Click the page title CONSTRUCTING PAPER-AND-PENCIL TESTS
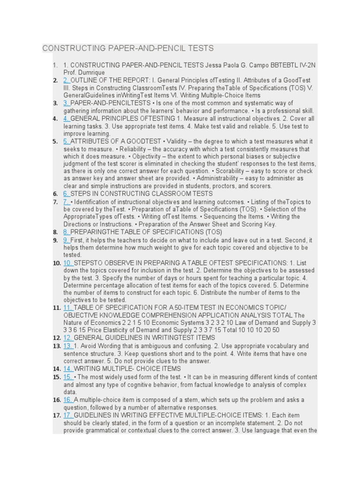click(x=128, y=48)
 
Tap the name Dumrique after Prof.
click(x=92, y=73)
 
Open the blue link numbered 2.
click(x=66, y=81)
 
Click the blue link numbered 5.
click(x=66, y=142)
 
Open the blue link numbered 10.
click(x=68, y=263)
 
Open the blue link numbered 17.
click(x=68, y=415)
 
